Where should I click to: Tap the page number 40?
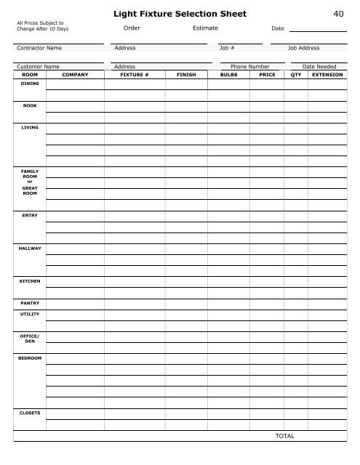(337, 14)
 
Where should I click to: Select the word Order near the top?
(132, 28)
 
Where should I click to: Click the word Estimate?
(205, 28)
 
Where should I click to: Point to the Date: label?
(278, 28)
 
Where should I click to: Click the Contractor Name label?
(39, 48)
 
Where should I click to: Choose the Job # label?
(226, 48)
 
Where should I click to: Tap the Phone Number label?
(249, 66)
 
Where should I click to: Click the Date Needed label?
(319, 66)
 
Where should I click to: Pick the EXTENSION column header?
(327, 74)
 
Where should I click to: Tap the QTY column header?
(296, 74)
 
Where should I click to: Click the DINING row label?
(30, 84)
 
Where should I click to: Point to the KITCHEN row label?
(30, 280)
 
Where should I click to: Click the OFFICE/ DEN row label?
(30, 338)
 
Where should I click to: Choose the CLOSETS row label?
(30, 413)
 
